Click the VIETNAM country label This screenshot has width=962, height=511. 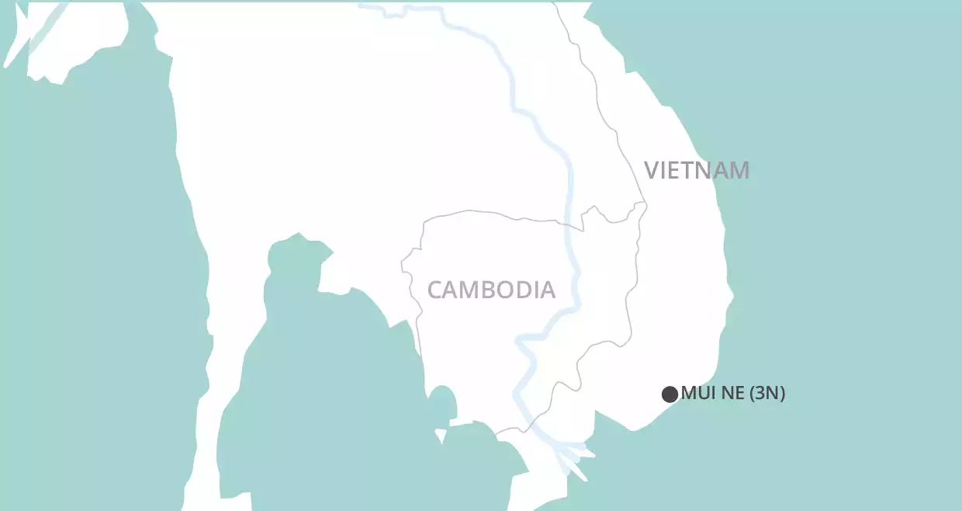pos(697,170)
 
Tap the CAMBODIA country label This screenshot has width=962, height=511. pos(491,290)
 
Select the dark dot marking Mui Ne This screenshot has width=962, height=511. pos(670,394)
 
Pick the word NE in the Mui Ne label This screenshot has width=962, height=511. pos(729,394)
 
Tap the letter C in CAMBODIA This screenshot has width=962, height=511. pos(435,290)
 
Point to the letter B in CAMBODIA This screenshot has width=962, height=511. pos(490,290)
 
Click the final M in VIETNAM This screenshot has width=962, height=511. pos(739,170)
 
